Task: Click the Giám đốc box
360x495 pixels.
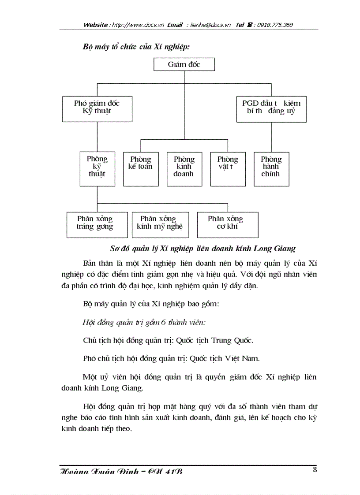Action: pos(184,65)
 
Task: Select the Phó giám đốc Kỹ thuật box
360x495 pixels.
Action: pos(97,107)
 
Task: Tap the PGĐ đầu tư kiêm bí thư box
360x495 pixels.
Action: pos(271,107)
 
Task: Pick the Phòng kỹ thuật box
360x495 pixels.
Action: pos(97,167)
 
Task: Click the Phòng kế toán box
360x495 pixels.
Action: pos(140,167)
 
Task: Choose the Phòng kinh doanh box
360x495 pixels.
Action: pos(184,167)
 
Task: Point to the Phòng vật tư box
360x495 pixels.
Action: pos(228,167)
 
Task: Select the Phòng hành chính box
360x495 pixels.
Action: pos(271,167)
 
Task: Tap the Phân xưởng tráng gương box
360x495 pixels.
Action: pos(95,223)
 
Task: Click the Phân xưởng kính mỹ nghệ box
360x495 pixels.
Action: pos(158,223)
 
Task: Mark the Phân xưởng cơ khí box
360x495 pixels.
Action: pos(227,223)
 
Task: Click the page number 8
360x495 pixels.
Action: pos(315,469)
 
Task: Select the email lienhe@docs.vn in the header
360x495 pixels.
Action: pos(211,25)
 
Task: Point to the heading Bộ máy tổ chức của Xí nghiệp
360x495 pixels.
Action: pos(136,46)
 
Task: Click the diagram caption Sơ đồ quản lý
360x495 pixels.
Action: pos(202,248)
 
